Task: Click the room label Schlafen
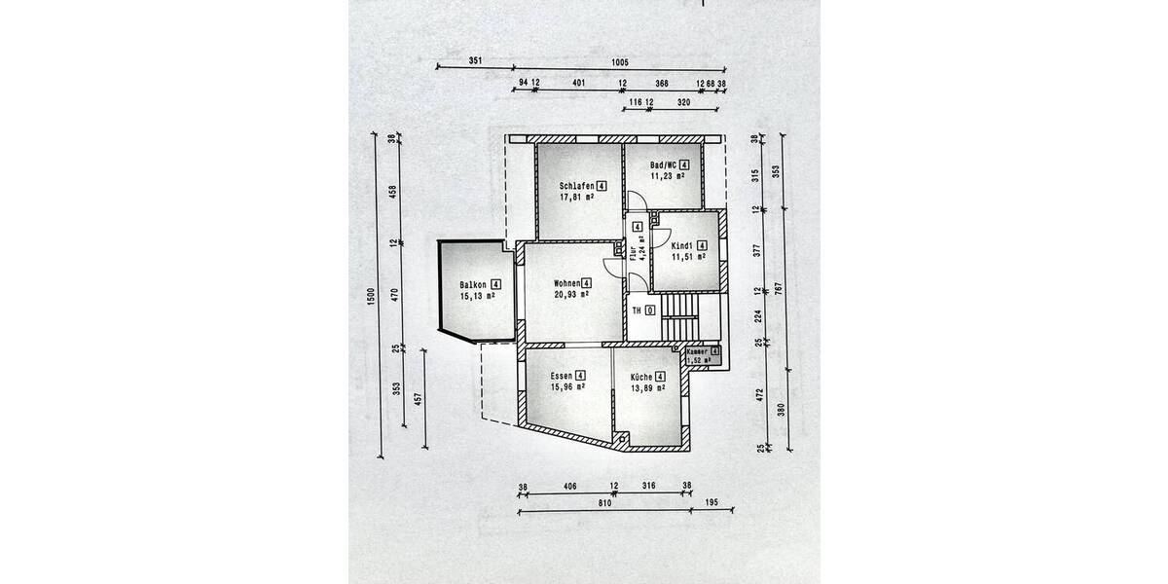coord(577,185)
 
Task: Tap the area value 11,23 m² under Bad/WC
coord(668,177)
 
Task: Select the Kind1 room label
coord(682,245)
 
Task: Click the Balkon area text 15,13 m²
coord(478,297)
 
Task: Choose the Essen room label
coord(561,376)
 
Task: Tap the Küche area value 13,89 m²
coord(647,388)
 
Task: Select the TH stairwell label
coord(638,310)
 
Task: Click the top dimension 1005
coord(619,61)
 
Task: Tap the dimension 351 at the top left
coord(475,61)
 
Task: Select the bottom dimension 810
coord(603,503)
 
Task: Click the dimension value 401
coord(578,84)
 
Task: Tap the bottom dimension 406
coord(569,487)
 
